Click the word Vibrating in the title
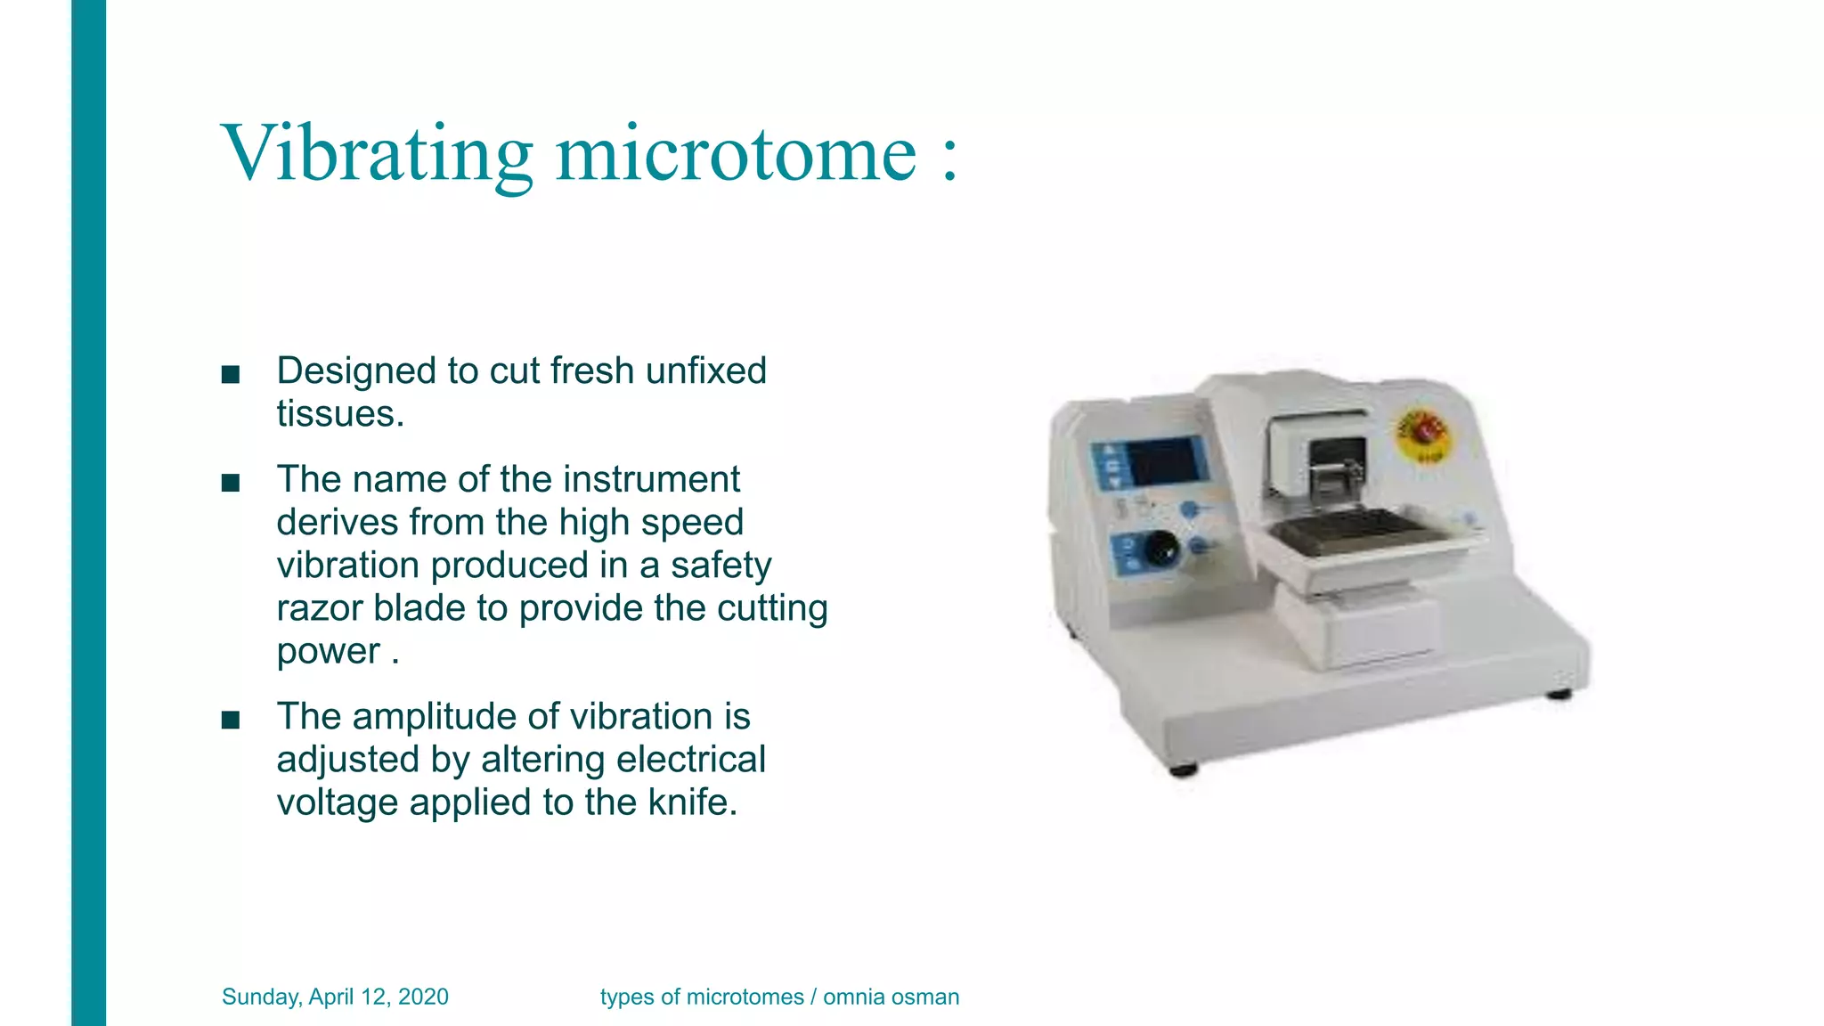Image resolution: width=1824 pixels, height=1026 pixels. [376, 154]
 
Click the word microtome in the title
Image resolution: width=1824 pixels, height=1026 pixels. [736, 154]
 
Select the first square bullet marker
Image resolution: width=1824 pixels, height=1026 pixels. [231, 374]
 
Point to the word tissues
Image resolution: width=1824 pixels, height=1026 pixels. [339, 414]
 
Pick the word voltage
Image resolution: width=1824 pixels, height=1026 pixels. [338, 802]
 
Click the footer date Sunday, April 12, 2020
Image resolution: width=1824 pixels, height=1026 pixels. [335, 997]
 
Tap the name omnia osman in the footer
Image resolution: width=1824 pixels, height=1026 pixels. [891, 997]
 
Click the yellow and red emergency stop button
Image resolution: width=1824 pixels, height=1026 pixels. [1422, 434]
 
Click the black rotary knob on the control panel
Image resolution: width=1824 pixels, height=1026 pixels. [1160, 549]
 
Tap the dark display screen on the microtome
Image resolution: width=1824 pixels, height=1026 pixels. [1163, 461]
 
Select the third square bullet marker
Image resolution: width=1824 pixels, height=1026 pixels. [231, 720]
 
